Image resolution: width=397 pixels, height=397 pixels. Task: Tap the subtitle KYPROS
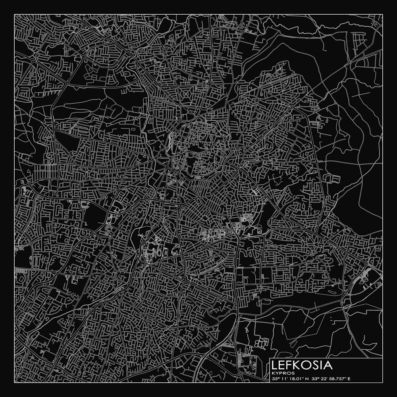pyautogui.click(x=283, y=373)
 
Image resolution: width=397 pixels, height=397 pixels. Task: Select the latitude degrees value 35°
pyautogui.click(x=275, y=379)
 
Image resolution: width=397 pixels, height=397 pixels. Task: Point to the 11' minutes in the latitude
pyautogui.click(x=284, y=379)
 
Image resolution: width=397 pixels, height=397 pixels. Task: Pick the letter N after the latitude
pyautogui.click(x=307, y=379)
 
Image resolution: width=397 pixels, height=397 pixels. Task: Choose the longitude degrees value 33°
pyautogui.click(x=314, y=379)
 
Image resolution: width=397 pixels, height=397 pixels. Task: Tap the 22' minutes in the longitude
pyautogui.click(x=324, y=379)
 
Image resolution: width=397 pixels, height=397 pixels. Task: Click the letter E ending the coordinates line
pyautogui.click(x=349, y=379)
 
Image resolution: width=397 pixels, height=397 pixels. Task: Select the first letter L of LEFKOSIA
pyautogui.click(x=274, y=365)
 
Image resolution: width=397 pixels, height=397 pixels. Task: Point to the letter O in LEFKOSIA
pyautogui.click(x=305, y=365)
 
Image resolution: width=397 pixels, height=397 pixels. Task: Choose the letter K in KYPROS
pyautogui.click(x=273, y=373)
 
